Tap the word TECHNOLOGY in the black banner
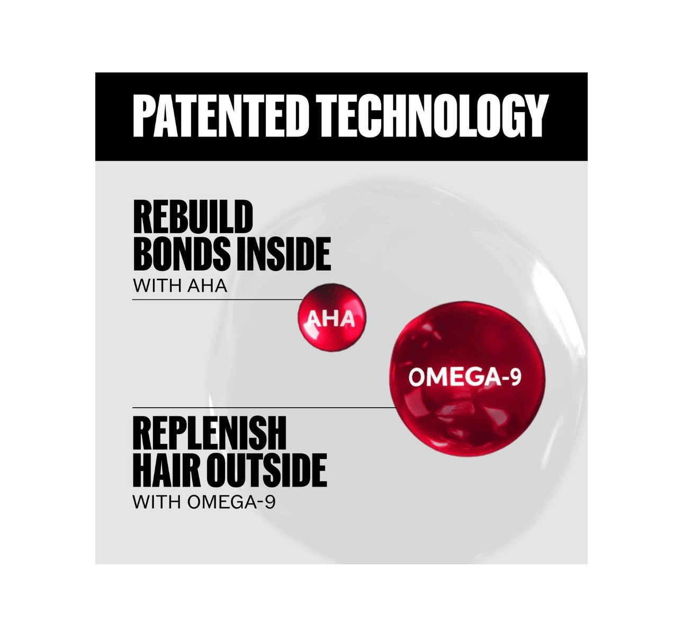click(x=432, y=116)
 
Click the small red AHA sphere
click(x=331, y=317)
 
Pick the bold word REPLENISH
click(x=209, y=433)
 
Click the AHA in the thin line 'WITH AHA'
click(x=208, y=286)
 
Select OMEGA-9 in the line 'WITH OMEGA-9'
click(x=231, y=502)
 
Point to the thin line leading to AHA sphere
click(x=218, y=300)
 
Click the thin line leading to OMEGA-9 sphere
click(x=264, y=407)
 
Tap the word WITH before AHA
click(x=157, y=286)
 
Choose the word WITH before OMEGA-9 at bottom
click(x=157, y=502)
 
